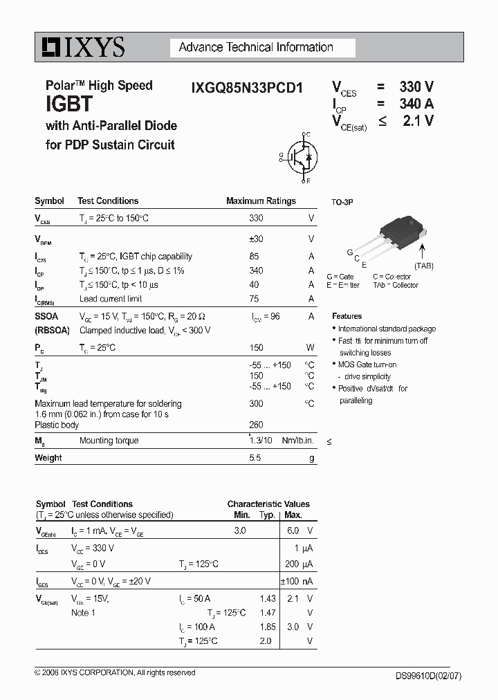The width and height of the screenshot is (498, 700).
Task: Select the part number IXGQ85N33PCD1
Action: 246,89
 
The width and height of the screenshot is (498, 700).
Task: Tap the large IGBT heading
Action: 69,105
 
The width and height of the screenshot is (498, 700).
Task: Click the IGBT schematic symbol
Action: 300,157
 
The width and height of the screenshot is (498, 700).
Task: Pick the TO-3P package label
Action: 342,202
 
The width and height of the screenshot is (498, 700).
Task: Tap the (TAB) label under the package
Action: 424,266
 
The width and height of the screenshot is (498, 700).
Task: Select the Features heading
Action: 347,316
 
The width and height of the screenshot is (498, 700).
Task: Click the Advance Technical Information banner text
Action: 256,48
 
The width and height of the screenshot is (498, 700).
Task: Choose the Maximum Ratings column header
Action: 261,201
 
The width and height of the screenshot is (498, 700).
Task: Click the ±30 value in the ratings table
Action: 256,239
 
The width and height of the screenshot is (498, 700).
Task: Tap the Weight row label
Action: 48,458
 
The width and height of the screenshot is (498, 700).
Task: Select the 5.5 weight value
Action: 255,458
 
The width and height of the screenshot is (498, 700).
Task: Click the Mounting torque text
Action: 109,441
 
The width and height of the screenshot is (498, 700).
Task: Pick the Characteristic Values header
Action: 268,504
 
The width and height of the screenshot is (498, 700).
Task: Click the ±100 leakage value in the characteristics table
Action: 289,582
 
